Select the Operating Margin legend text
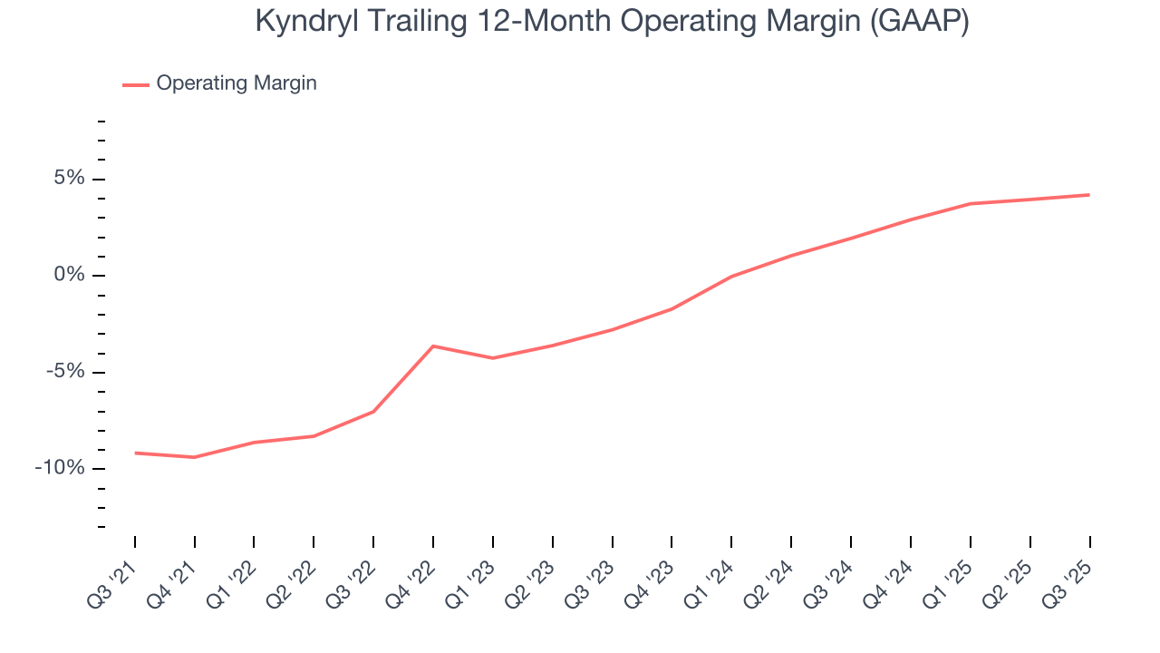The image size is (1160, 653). [237, 83]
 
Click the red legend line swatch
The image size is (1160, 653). [136, 84]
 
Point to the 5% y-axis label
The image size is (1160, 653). [68, 179]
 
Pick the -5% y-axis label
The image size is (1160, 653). [64, 372]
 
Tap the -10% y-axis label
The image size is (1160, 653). [60, 468]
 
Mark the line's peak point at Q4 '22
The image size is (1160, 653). [433, 346]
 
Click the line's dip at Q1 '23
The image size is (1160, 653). [493, 358]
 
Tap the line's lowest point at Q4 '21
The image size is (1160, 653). [195, 457]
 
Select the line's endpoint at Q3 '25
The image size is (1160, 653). [1089, 195]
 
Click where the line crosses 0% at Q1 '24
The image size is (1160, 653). [731, 276]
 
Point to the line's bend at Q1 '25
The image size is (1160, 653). [970, 204]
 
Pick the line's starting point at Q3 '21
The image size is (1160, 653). [135, 453]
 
